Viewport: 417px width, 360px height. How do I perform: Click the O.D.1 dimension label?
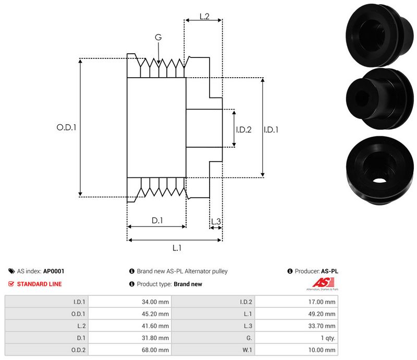(x=66, y=127)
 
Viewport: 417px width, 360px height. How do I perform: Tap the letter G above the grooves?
(x=158, y=37)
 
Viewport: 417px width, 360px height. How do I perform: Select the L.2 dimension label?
(x=204, y=17)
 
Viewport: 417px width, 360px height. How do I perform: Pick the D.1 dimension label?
(x=157, y=221)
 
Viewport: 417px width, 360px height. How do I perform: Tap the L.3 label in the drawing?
(x=216, y=222)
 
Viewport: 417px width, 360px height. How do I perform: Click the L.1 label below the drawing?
(x=176, y=248)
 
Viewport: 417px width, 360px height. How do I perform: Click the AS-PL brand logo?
(x=321, y=284)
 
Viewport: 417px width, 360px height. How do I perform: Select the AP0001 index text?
(x=54, y=271)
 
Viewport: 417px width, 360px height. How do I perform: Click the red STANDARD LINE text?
(x=39, y=284)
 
